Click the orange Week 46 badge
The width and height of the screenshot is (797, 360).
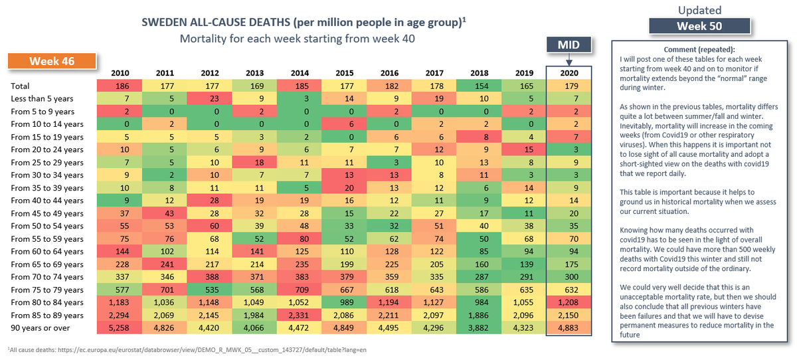(52, 61)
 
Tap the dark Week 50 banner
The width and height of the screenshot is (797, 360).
(699, 26)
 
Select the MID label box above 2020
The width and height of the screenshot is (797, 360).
(569, 45)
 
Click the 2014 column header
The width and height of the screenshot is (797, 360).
(300, 73)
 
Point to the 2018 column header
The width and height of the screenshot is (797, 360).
(480, 73)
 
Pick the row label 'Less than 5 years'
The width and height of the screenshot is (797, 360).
(42, 98)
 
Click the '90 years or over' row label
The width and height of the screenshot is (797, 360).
(41, 327)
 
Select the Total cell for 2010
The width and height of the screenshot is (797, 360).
(120, 86)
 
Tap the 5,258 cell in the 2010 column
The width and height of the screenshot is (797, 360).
(120, 327)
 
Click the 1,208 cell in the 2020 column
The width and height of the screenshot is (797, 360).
(569, 302)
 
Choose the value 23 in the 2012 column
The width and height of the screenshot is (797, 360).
(210, 98)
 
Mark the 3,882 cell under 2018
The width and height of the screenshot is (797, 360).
(479, 327)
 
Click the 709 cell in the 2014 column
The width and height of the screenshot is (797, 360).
(300, 290)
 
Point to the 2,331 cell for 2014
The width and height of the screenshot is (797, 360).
(300, 315)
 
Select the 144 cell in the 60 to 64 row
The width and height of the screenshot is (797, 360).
(120, 251)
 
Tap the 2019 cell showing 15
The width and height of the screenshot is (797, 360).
(524, 149)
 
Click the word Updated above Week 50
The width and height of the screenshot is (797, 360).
(699, 10)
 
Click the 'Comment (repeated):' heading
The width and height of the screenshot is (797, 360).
(699, 49)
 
